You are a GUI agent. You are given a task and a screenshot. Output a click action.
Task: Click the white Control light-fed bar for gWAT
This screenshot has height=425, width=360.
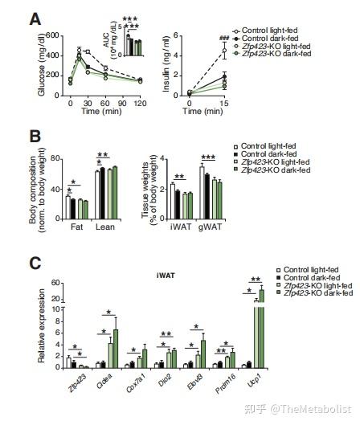coord(202,193)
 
